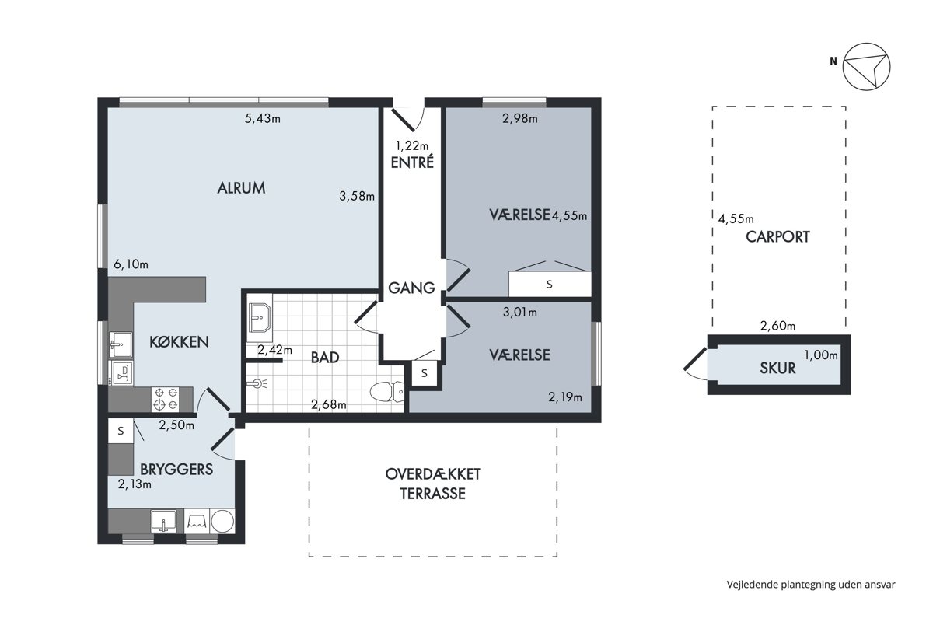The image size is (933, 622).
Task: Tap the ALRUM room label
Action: click(x=241, y=188)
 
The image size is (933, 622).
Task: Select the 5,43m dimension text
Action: click(x=263, y=119)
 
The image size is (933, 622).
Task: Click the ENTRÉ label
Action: click(x=412, y=162)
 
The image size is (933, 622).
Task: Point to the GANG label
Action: click(x=411, y=288)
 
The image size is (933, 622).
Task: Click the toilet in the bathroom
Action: click(x=387, y=392)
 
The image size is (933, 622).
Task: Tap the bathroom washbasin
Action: click(x=259, y=317)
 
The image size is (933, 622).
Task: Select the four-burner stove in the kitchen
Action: click(x=165, y=399)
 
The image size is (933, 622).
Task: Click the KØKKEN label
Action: click(x=179, y=342)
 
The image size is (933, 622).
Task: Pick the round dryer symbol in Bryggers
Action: click(x=222, y=521)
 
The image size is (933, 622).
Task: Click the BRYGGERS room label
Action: click(x=176, y=470)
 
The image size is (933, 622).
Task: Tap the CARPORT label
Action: click(x=777, y=237)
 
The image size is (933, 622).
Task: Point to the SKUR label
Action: click(x=777, y=369)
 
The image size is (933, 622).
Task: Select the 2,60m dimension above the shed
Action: click(x=777, y=326)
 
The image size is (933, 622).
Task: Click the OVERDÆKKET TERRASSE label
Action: click(x=433, y=484)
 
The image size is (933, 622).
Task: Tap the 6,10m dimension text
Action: click(x=131, y=264)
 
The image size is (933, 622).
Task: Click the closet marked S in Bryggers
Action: click(x=121, y=431)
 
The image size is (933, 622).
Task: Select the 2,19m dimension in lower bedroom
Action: click(x=565, y=397)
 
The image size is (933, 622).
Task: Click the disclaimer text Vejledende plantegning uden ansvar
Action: click(x=811, y=585)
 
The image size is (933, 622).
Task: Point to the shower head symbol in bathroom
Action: click(x=257, y=383)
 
